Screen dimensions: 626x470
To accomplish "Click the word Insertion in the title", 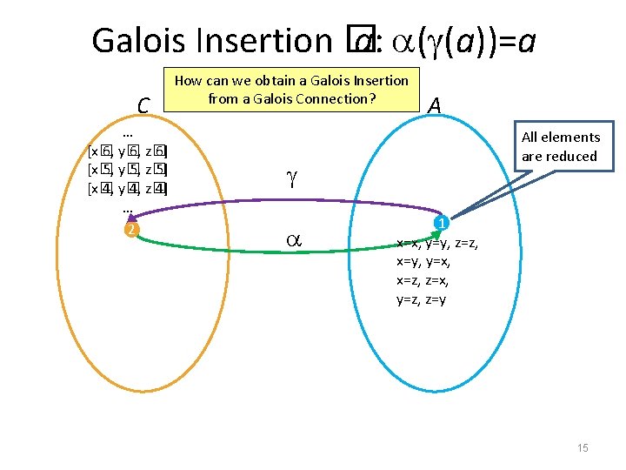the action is (266, 39).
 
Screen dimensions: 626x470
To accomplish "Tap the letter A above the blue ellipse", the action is (435, 105).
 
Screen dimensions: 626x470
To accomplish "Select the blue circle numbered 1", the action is (442, 224).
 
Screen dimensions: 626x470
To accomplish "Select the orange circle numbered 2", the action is (130, 229).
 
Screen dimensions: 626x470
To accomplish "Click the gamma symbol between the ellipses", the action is (291, 179).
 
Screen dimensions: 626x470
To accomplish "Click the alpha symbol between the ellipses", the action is (294, 238).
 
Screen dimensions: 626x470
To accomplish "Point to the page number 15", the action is (583, 447).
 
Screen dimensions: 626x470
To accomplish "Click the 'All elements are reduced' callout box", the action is (561, 146).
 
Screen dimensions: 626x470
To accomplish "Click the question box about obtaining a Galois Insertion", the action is (291, 89).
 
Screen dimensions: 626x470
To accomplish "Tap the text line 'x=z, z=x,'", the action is (422, 281).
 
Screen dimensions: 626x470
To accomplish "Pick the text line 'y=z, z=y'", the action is (422, 300).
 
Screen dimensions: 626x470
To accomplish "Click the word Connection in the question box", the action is (336, 98).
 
